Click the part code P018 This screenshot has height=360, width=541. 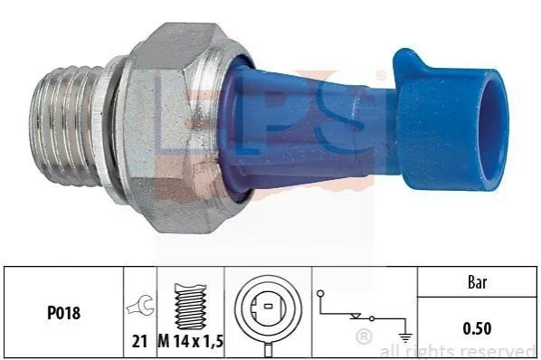pyautogui.click(x=63, y=313)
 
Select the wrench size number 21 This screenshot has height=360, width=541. pyautogui.click(x=139, y=341)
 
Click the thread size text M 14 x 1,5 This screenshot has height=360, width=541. pyautogui.click(x=191, y=341)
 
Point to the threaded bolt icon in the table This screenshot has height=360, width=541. pyautogui.click(x=191, y=307)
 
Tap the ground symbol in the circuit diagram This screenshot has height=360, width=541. pyautogui.click(x=405, y=337)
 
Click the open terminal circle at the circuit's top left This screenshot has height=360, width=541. pyautogui.click(x=320, y=294)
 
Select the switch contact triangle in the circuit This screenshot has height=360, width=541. pyautogui.click(x=356, y=317)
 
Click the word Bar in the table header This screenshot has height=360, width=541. pyautogui.click(x=477, y=282)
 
